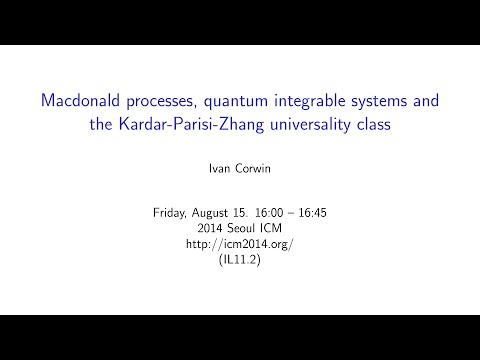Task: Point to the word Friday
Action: (172, 213)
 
